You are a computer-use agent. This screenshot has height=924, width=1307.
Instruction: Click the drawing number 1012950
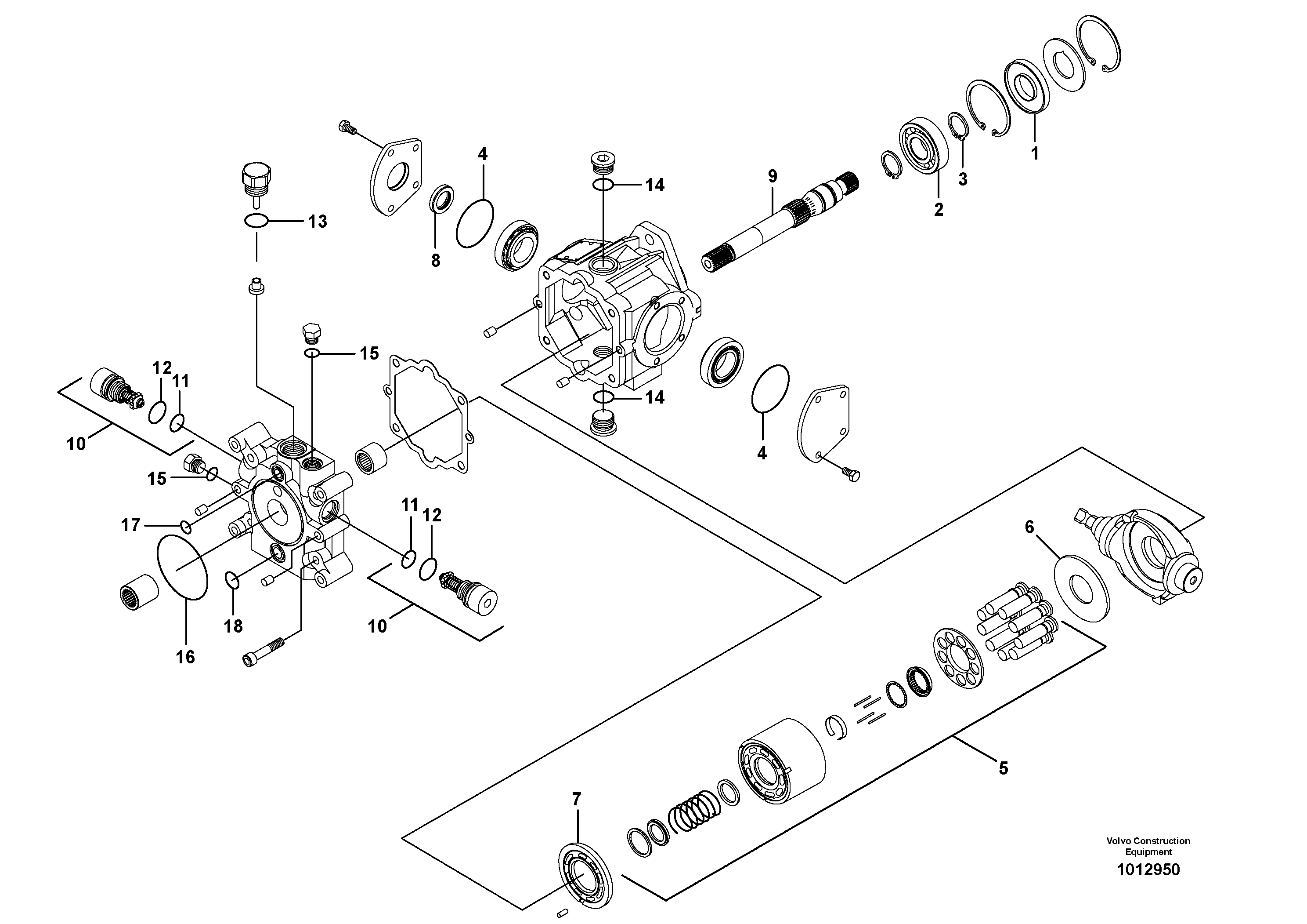pos(1148,870)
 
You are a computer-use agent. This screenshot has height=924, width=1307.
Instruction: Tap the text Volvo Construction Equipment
pos(1148,846)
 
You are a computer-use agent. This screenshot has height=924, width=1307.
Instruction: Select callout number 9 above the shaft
pos(772,177)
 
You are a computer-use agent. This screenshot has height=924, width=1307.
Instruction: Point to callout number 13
pos(317,222)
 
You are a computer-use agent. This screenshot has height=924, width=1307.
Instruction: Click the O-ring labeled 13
pos(256,221)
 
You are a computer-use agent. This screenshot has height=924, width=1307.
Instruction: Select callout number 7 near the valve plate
pos(576,800)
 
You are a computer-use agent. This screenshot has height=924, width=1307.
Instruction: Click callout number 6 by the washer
pos(1029,527)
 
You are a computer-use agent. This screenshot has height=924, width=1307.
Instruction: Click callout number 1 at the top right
pos(1034,153)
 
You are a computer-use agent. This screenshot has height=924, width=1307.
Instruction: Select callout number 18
pos(233,626)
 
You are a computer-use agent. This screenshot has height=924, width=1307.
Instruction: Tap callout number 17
pos(130,525)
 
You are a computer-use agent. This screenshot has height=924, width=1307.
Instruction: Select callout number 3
pos(962,179)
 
